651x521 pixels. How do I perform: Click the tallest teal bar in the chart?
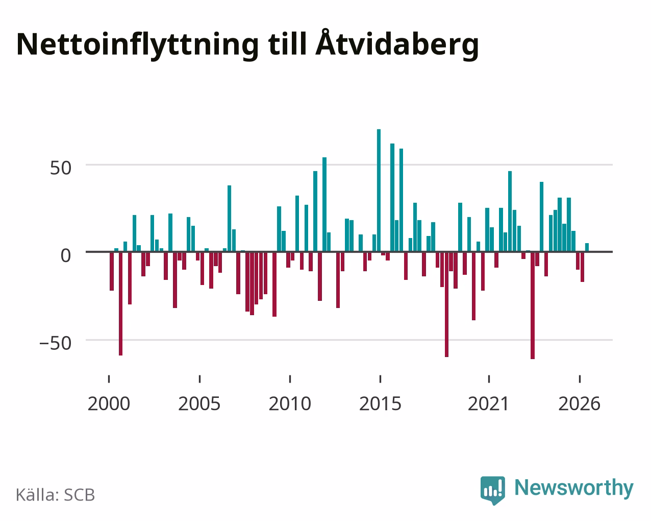[379, 190]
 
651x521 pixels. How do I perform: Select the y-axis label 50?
[61, 168]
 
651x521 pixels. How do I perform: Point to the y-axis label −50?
[56, 343]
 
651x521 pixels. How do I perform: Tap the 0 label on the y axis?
[66, 255]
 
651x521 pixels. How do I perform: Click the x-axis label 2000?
[109, 404]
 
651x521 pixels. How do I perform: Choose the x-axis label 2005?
[199, 404]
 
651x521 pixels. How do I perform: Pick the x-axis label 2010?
[290, 404]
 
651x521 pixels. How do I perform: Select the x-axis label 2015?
[380, 404]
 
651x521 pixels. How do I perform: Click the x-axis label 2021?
[489, 404]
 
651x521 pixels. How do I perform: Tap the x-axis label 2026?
[579, 404]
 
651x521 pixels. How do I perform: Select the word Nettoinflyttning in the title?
[138, 45]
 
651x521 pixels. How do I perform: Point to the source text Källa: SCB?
[56, 495]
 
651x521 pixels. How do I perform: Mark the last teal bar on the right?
[587, 247]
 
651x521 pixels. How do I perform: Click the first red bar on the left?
[112, 271]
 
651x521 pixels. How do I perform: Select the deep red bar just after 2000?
[121, 303]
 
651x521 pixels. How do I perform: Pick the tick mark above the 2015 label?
[380, 379]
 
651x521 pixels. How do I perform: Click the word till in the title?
[287, 44]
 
